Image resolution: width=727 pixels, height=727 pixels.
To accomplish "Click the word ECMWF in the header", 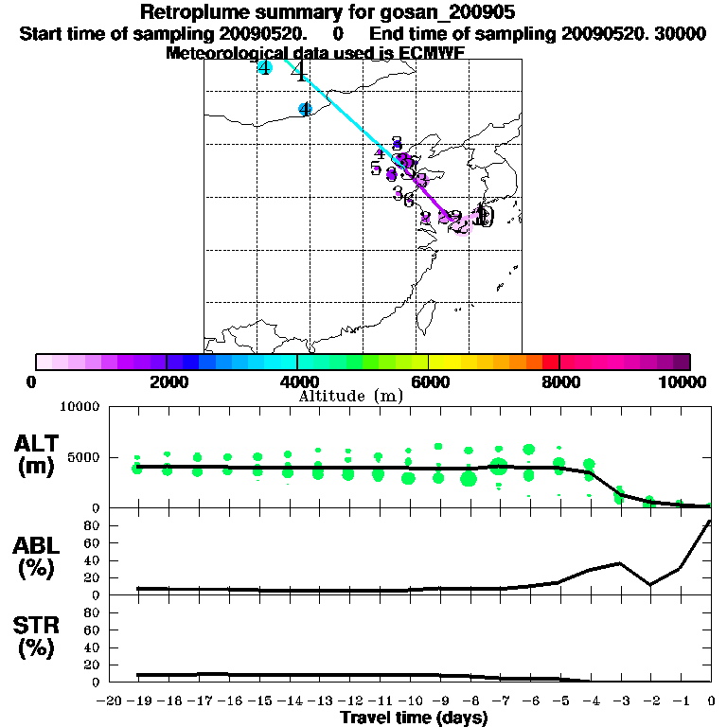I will pos(431,52).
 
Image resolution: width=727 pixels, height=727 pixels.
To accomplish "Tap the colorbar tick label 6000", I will pos(430,381).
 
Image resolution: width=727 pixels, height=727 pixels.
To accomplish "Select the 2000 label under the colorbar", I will pos(167,381).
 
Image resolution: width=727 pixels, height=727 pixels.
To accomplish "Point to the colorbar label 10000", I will pos(683,381).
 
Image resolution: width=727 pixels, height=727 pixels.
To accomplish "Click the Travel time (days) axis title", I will pos(414,718).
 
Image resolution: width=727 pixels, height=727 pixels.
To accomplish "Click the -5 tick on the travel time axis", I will pos(559,701).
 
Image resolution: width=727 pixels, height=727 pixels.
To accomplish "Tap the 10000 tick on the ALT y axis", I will pos(80,407).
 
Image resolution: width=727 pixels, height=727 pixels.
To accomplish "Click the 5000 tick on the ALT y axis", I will pos(83,457).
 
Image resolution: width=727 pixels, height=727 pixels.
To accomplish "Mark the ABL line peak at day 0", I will pos(711,522).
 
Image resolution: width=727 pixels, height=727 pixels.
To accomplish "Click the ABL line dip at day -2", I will pos(649,584).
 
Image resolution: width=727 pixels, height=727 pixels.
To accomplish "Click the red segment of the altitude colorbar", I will pos(550,362).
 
